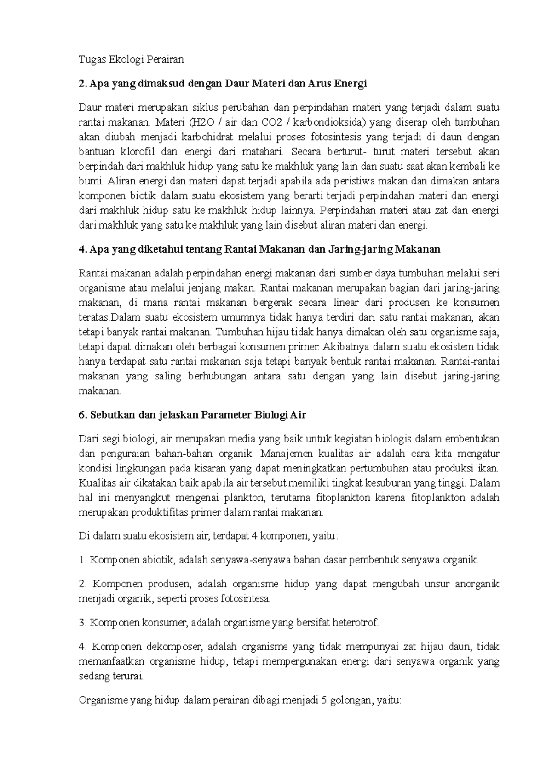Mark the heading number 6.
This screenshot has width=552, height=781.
pyautogui.click(x=81, y=415)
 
